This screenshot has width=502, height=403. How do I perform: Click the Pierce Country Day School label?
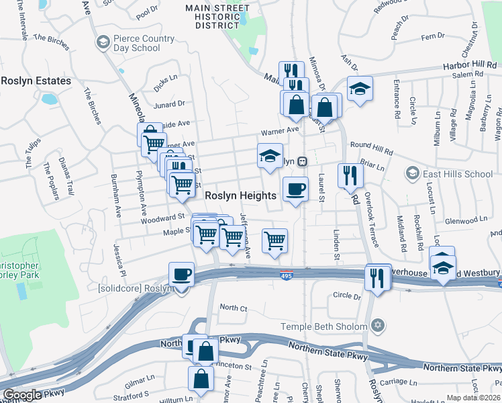tap(137, 44)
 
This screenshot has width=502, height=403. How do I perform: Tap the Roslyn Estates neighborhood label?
tap(36, 81)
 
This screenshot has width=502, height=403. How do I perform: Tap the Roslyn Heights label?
tap(240, 195)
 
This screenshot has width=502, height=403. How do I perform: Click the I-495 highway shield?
tap(287, 275)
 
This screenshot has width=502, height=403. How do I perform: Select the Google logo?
tap(22, 394)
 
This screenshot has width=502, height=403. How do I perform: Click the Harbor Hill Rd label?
tap(468, 66)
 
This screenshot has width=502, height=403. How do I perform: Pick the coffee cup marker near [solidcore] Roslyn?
tap(182, 274)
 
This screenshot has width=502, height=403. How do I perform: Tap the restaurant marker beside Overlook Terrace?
tap(350, 175)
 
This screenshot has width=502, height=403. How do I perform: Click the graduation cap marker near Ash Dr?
tap(360, 89)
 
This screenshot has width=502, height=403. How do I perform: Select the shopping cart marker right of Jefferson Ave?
tap(274, 240)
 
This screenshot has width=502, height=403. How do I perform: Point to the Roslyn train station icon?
tap(303, 161)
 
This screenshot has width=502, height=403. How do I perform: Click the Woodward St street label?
tap(163, 218)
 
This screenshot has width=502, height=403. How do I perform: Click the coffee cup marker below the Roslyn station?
tap(295, 189)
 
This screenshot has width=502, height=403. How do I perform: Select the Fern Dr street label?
tap(432, 35)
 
